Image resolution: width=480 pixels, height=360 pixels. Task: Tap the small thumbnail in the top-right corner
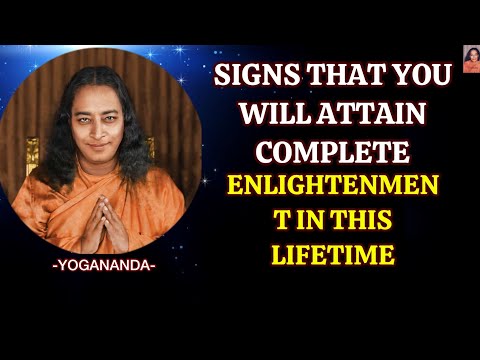click(470, 59)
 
